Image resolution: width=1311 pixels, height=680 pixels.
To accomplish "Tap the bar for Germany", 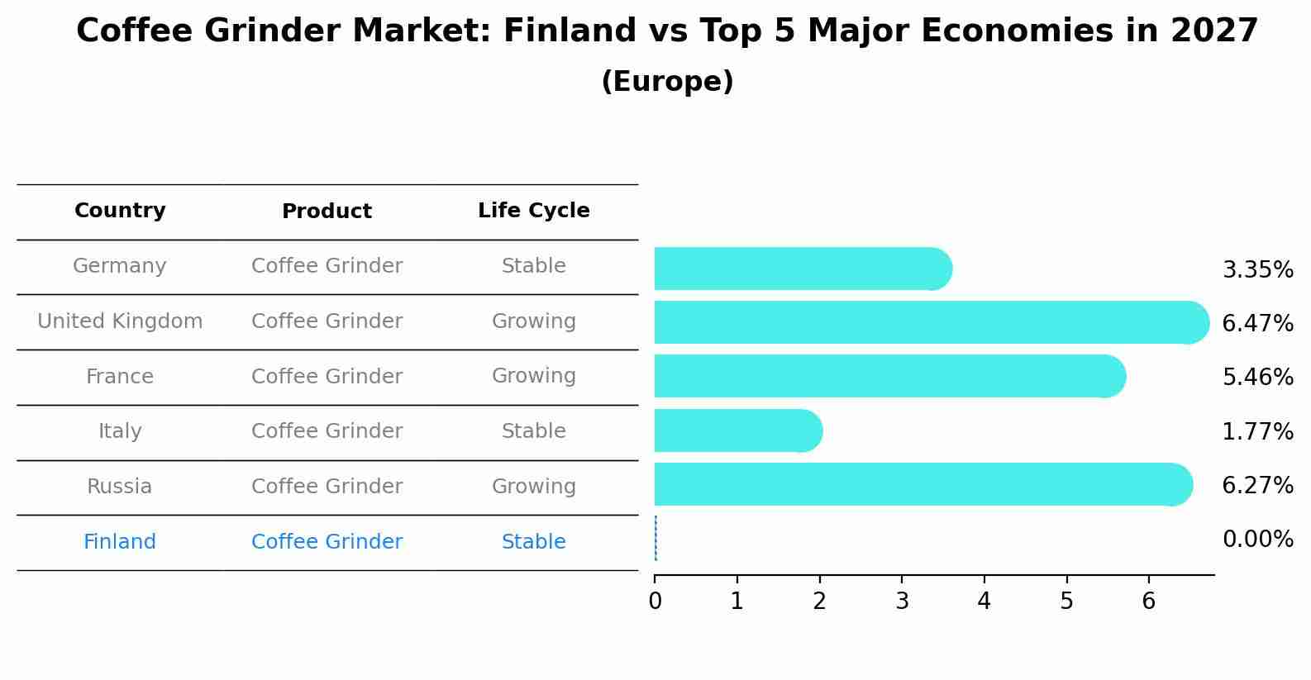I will point(802,269).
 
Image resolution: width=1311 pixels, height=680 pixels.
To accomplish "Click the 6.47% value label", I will point(1256,323).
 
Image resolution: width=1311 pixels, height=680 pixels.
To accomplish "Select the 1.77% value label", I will point(1256,431).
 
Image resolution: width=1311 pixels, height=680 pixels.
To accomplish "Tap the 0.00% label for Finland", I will point(1256,540).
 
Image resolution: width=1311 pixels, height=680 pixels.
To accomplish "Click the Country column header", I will point(120,211).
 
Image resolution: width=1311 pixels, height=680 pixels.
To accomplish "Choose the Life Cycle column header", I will point(533,211).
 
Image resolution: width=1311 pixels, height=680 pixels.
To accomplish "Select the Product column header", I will point(327,212).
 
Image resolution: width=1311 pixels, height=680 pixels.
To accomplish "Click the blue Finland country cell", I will point(120,542).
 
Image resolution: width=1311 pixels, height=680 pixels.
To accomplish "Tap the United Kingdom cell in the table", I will point(120,321).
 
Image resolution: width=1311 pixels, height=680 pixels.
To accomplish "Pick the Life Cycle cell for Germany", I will point(533,266).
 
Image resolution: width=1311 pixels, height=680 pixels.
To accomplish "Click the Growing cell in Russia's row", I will point(533,487).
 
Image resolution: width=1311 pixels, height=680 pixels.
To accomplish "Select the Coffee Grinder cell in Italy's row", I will point(327,431).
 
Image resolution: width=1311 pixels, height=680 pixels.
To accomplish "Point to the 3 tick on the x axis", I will point(901,601).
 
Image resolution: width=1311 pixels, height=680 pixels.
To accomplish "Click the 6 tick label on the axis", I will point(1148,601).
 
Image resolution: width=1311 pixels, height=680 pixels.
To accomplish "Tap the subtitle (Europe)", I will point(667,82).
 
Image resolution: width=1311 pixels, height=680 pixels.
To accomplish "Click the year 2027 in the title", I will point(1213,31).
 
